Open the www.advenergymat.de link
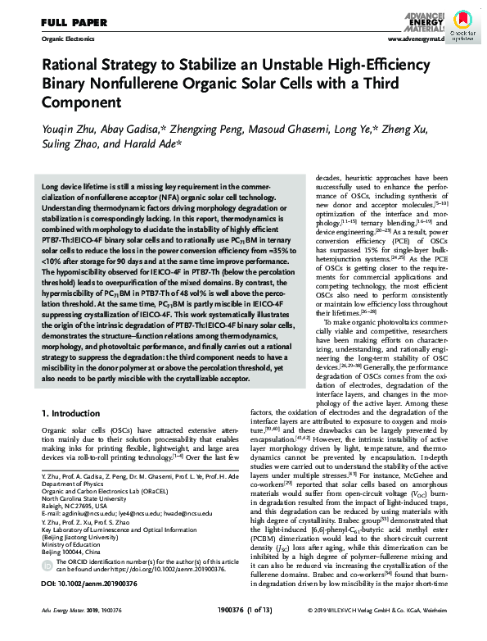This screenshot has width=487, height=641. (416, 39)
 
